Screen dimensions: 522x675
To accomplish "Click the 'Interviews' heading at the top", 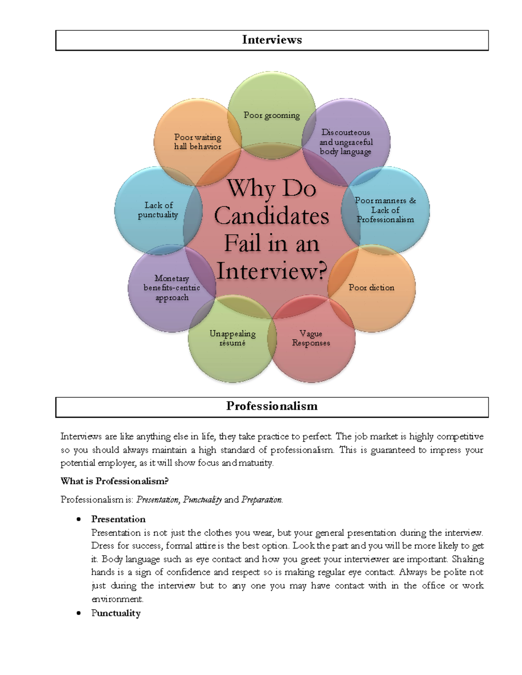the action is click(x=272, y=40).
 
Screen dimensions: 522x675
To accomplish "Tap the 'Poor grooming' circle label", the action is click(x=272, y=115).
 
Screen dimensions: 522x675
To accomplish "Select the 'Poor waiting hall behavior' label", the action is click(x=198, y=142).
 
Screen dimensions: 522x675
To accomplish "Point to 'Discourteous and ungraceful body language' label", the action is click(x=346, y=142).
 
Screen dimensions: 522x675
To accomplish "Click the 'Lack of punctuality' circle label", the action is click(x=158, y=209).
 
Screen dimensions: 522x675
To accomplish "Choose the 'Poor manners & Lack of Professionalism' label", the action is click(x=385, y=210).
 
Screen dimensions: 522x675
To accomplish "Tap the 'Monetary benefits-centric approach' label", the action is click(x=172, y=288).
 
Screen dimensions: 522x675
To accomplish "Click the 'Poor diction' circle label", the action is click(x=371, y=287).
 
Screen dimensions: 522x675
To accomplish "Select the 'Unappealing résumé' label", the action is click(x=232, y=338).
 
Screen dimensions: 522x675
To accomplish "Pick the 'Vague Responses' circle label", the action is click(x=311, y=338).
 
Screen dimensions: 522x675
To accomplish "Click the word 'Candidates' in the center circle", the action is click(x=271, y=216).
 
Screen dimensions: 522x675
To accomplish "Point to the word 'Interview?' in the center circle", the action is click(x=272, y=271).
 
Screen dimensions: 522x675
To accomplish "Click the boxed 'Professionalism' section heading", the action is click(x=272, y=406).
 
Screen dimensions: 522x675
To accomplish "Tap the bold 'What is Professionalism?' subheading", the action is click(x=114, y=481).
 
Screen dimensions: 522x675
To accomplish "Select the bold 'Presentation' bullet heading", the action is click(x=118, y=519).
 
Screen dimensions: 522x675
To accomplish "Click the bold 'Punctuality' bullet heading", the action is click(x=116, y=613).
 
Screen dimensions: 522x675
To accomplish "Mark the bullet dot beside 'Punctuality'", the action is click(x=78, y=613).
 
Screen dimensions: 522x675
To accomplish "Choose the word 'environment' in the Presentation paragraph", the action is click(x=117, y=599).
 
